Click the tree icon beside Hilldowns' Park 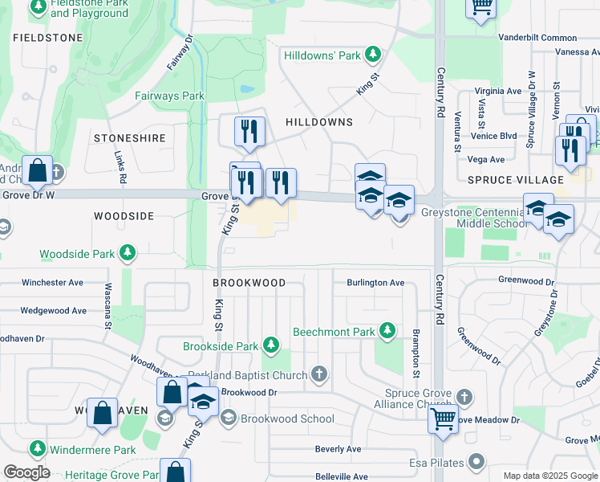372,55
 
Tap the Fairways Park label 170,96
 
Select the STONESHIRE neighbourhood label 129,138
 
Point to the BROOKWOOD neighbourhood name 249,284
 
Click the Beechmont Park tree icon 387,331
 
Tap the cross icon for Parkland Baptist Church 318,374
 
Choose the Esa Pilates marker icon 476,462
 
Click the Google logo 26,472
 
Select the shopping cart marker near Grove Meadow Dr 444,419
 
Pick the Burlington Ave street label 375,283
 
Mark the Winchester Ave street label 52,283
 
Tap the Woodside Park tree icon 127,254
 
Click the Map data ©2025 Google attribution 549,476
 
